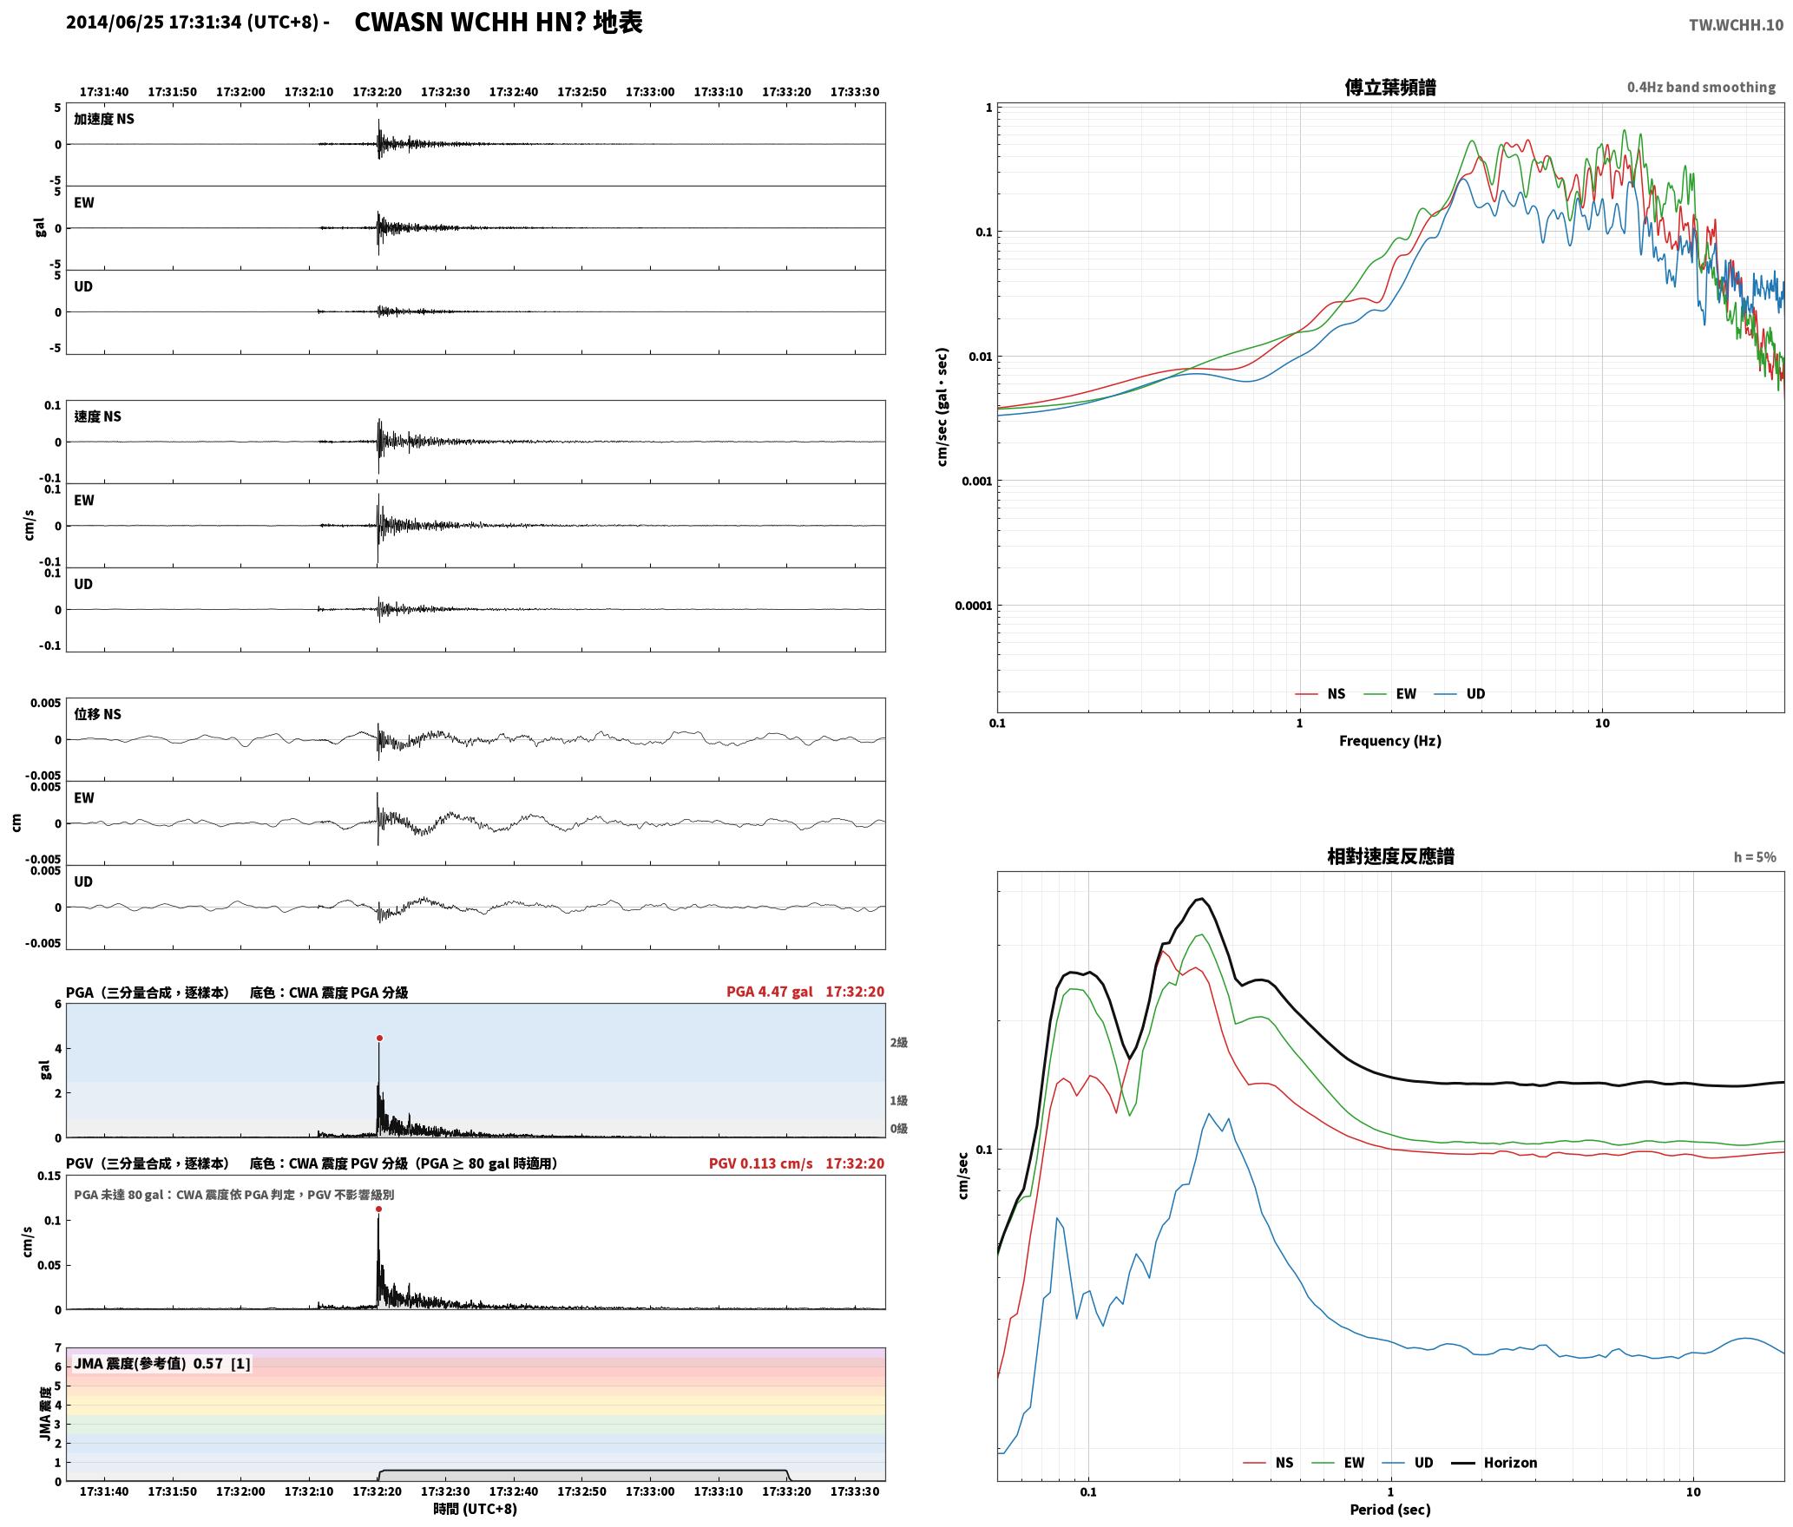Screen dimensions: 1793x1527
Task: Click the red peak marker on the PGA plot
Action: point(379,1038)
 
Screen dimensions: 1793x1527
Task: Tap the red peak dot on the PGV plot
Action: point(378,1209)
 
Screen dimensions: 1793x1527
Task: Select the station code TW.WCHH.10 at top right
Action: point(1736,25)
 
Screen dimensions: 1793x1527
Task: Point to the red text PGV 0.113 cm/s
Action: point(760,1163)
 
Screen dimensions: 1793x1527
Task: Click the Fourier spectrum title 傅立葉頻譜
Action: point(1390,87)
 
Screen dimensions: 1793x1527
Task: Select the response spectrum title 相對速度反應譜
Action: point(1390,856)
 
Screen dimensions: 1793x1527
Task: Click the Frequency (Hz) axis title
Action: point(1390,741)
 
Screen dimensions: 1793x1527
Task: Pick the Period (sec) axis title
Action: point(1390,1510)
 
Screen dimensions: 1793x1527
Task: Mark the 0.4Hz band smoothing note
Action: point(1701,87)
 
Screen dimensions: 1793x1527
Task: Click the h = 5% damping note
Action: point(1755,857)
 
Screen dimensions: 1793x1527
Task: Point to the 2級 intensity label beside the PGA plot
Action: point(899,1043)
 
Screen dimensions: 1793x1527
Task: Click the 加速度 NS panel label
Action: point(104,119)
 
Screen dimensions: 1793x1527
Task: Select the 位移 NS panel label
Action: point(97,714)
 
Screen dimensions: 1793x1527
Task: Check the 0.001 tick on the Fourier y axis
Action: point(976,482)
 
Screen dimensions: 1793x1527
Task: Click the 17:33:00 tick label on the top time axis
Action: point(650,92)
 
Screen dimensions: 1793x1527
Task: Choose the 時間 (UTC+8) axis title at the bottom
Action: point(476,1510)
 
